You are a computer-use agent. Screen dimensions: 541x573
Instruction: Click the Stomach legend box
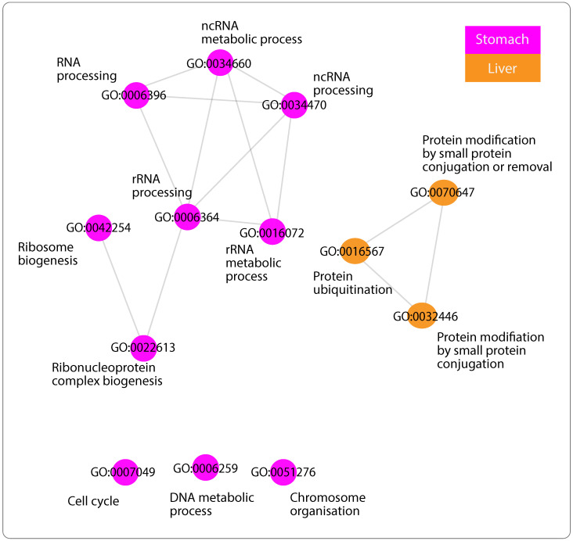(x=502, y=39)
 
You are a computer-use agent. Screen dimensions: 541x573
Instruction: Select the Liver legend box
(x=502, y=68)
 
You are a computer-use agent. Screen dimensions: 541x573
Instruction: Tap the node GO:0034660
(x=222, y=63)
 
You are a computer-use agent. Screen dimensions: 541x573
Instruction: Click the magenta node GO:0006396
(x=135, y=95)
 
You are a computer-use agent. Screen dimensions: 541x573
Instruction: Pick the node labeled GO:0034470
(x=294, y=105)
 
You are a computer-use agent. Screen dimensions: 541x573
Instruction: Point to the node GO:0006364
(x=187, y=217)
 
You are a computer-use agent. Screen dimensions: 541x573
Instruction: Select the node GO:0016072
(x=271, y=231)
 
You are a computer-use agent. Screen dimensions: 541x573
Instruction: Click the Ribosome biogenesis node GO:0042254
(x=99, y=228)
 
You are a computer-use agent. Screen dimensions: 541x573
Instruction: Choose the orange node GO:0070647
(x=443, y=192)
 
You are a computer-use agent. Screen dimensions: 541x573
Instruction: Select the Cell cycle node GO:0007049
(x=124, y=472)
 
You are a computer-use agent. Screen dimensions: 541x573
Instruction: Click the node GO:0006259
(x=205, y=468)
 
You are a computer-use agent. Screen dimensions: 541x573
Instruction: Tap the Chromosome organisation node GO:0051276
(x=283, y=472)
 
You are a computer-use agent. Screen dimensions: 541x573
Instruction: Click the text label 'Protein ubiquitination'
(x=341, y=283)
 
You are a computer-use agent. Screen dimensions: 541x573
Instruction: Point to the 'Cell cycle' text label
(x=92, y=501)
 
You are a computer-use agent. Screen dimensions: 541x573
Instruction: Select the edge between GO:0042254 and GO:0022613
(x=121, y=288)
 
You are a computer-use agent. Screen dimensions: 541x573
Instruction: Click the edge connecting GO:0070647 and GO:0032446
(x=433, y=254)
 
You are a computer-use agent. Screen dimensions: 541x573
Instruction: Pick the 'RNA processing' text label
(x=86, y=69)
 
